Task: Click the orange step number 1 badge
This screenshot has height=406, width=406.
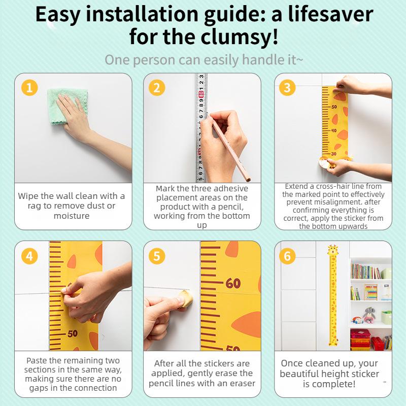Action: coord(29,87)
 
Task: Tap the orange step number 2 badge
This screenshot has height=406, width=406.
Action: coord(157,87)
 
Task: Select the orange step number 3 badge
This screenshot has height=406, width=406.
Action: coord(287,87)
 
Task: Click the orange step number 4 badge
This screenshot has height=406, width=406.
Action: coord(29,256)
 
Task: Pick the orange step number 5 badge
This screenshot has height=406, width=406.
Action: coord(157,256)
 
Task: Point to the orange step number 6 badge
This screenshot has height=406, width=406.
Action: coord(287,256)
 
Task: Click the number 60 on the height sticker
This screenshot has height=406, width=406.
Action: coord(233,283)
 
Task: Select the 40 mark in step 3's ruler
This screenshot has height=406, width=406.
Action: coord(334,130)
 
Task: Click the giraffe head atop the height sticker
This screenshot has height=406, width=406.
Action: coord(332,250)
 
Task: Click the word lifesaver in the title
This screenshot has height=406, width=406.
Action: coord(330,15)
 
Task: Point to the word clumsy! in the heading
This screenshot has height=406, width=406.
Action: coord(240,37)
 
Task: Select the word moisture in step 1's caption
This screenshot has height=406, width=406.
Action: coord(72,216)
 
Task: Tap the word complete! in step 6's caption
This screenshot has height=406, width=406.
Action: coord(329,384)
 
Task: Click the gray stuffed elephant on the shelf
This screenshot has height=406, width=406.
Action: coord(368,315)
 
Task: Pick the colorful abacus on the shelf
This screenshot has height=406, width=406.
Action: coord(371,292)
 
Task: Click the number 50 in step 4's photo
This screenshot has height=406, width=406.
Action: coord(73,333)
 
